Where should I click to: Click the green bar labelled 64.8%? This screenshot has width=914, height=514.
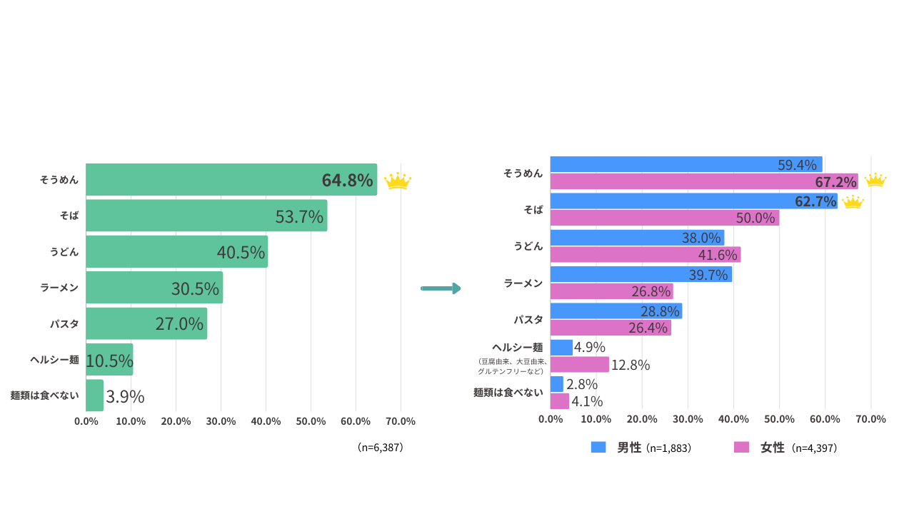coord(231,179)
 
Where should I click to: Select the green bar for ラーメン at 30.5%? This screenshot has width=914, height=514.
coord(154,288)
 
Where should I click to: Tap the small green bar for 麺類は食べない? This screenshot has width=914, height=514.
coord(94,395)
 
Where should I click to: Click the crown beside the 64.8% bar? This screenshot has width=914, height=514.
coord(398,181)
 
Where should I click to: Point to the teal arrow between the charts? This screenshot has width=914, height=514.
coord(441,288)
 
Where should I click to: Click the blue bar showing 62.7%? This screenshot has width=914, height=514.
coord(693,201)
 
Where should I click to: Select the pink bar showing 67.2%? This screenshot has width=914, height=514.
coord(704,181)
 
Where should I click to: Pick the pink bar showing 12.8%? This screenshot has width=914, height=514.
coord(579,364)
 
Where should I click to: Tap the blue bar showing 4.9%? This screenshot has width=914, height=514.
coord(561,348)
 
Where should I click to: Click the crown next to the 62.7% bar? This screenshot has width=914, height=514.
coord(853,202)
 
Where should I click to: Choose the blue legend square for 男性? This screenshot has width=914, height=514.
coord(598,447)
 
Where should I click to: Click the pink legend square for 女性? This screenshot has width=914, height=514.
coord(741,447)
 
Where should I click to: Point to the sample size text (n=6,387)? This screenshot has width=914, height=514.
coord(381,448)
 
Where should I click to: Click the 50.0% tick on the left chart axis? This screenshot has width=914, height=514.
coord(311,421)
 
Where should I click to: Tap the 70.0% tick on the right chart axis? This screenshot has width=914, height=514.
coord(870,419)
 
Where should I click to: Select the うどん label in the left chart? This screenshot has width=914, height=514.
coord(64,252)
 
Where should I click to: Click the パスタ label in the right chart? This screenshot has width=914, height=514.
coord(528,319)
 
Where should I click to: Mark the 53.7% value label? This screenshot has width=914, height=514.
coord(299,216)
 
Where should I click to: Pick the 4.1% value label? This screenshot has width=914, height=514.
coord(587,401)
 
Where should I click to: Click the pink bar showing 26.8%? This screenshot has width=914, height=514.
coord(612,291)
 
